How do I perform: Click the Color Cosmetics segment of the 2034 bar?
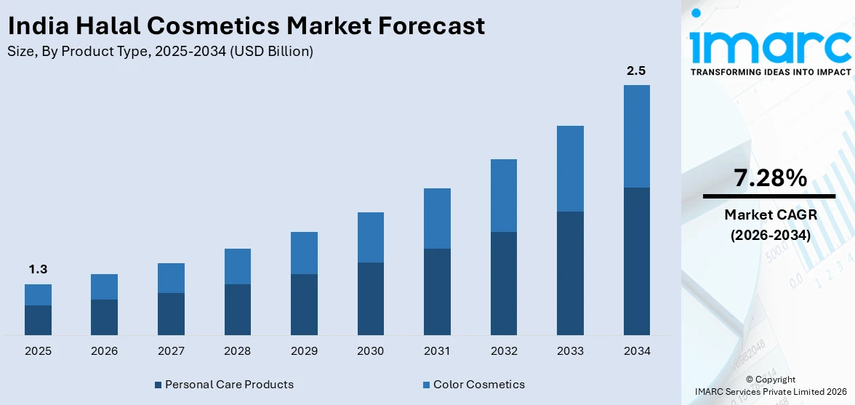click(x=636, y=136)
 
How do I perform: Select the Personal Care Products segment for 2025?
click(x=38, y=320)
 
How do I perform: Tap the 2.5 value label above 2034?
click(x=636, y=71)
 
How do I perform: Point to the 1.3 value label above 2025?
click(x=38, y=270)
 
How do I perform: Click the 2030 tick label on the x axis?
click(x=370, y=351)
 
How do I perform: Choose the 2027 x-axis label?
click(x=171, y=351)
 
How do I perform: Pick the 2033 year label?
click(x=570, y=351)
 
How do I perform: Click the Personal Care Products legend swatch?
click(x=158, y=385)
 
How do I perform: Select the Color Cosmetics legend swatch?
click(x=426, y=385)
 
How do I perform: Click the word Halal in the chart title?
click(x=109, y=26)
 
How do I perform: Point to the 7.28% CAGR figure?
click(x=770, y=178)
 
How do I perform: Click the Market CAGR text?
click(x=770, y=215)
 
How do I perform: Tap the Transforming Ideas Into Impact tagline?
click(x=770, y=72)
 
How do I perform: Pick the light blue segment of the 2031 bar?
click(x=437, y=218)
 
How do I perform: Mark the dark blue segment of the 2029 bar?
click(x=304, y=304)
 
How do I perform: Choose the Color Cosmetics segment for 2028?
click(x=238, y=266)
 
